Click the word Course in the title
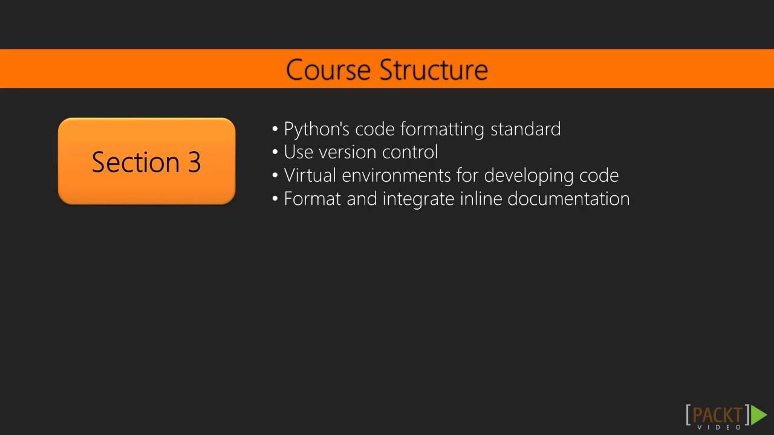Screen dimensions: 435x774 328,69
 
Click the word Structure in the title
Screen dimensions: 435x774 434,69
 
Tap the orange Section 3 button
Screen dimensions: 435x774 146,161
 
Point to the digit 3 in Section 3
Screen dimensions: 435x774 194,162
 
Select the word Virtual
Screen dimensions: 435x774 310,175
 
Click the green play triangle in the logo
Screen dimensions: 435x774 759,415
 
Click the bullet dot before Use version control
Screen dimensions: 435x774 275,152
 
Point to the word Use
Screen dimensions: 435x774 298,152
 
